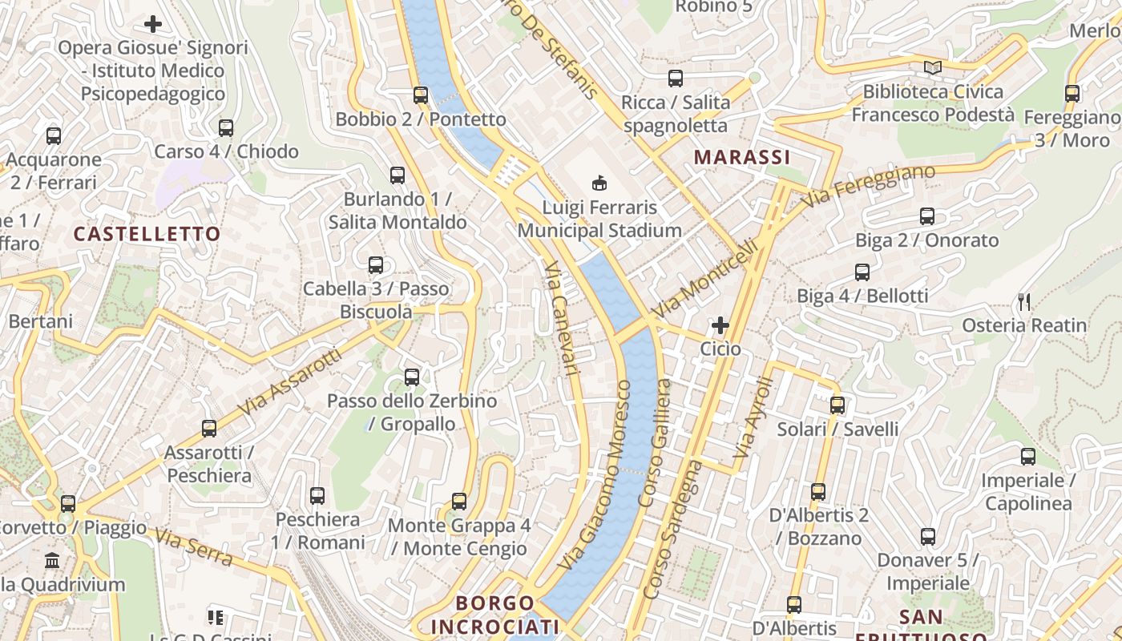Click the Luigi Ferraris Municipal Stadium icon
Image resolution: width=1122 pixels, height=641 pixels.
click(599, 183)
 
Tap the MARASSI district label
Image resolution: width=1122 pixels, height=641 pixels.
click(742, 157)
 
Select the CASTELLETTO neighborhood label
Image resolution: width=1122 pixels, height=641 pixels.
click(147, 234)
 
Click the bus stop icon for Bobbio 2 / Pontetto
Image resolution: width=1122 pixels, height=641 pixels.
click(421, 95)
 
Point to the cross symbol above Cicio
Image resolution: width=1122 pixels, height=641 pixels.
click(720, 325)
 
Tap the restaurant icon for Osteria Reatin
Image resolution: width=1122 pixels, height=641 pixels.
click(1023, 301)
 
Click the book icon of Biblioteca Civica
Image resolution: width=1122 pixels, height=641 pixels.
click(932, 68)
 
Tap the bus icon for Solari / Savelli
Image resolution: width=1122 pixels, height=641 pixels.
click(837, 405)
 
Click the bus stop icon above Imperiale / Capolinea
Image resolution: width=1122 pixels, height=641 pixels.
click(1028, 457)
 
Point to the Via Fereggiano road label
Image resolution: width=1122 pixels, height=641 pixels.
click(869, 186)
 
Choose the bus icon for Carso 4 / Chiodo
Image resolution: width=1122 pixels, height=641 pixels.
click(226, 128)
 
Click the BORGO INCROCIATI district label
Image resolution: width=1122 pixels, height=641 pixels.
click(494, 615)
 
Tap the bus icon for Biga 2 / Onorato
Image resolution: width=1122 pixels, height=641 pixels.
click(927, 216)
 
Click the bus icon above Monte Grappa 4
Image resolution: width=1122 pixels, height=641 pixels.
click(459, 502)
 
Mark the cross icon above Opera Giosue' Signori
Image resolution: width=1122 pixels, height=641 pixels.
click(153, 24)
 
